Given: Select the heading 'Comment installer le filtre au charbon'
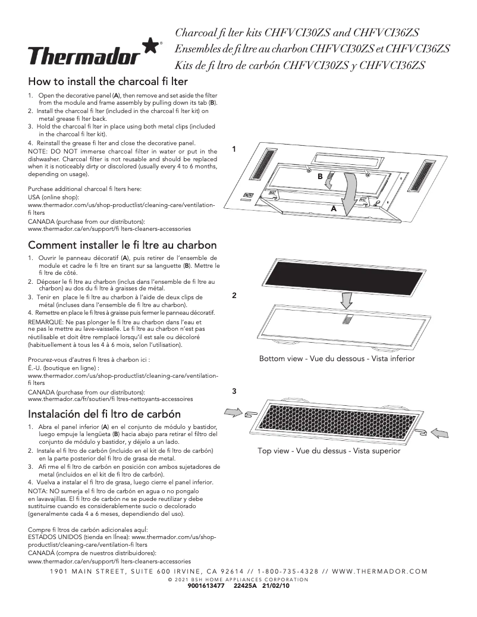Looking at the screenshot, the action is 123,245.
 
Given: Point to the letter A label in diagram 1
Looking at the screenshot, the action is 334,209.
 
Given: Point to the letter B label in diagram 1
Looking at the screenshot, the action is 319,177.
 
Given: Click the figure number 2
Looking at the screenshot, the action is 234,296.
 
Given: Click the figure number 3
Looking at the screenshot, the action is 234,391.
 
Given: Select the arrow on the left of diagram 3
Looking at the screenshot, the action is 233,412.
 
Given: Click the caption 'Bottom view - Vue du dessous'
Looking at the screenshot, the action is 337,359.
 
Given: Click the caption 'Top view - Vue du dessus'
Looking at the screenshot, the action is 329,451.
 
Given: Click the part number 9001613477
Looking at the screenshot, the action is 205,585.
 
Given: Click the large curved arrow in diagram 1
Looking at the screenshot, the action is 353,190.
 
